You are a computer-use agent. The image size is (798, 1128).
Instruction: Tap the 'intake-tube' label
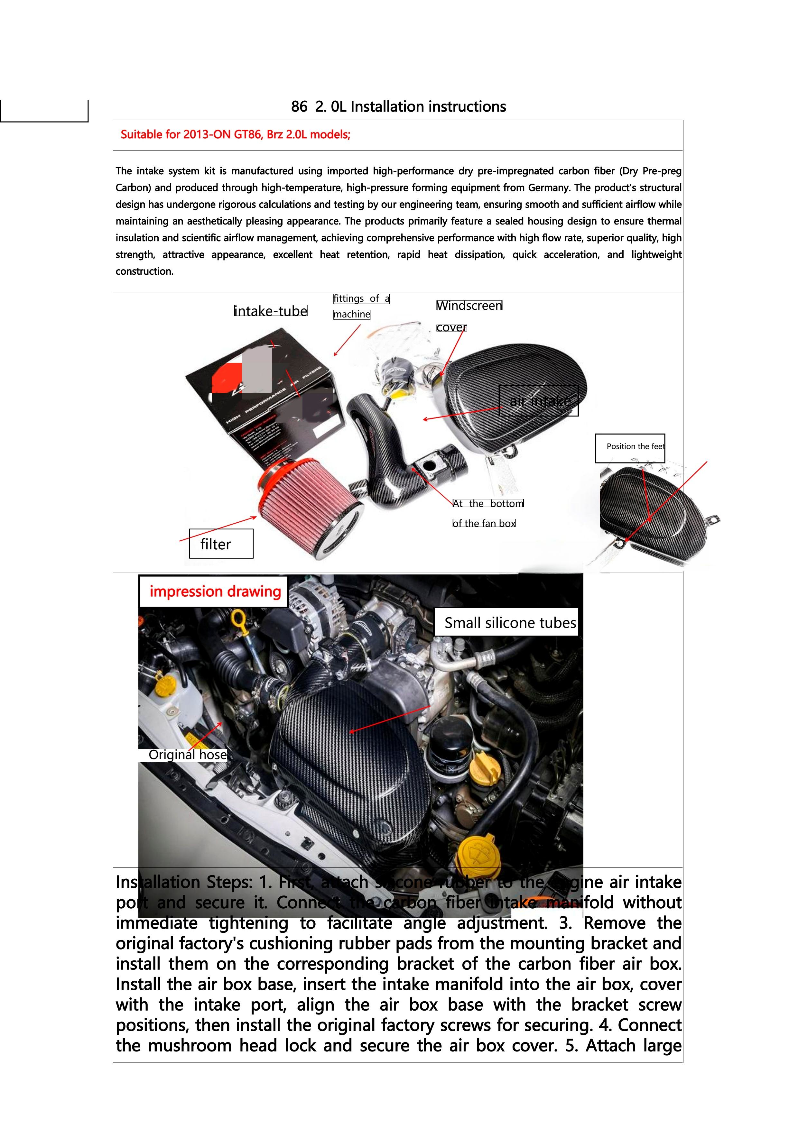point(271,311)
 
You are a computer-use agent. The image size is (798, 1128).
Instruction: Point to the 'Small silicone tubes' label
point(506,622)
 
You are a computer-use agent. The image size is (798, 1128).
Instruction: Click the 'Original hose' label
point(187,755)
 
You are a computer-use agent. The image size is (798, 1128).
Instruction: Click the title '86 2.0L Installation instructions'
point(398,106)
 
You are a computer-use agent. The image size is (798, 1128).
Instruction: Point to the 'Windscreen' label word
point(469,306)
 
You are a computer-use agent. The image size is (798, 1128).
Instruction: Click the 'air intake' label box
point(539,401)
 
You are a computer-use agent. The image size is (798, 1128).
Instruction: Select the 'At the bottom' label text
point(488,504)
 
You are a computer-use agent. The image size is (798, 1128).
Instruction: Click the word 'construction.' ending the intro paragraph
point(144,271)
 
